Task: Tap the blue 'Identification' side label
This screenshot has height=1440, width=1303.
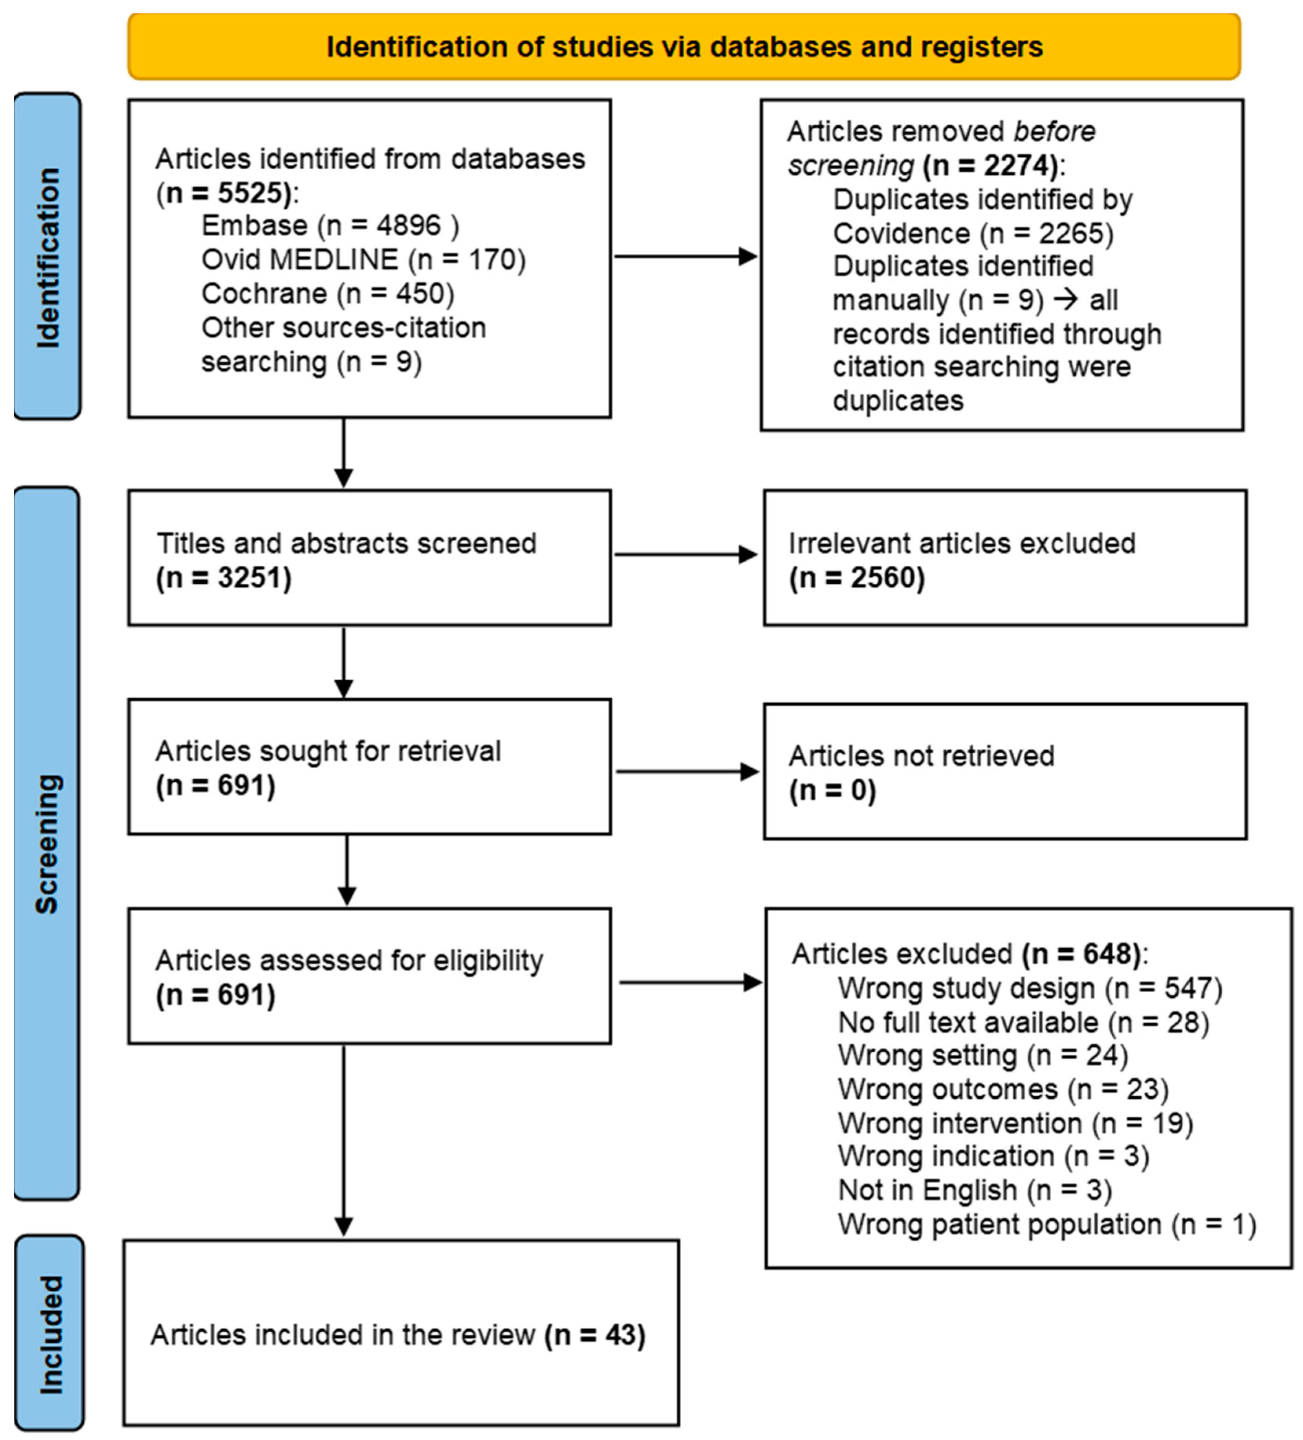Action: pyautogui.click(x=47, y=257)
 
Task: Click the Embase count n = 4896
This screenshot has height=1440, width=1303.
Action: pyautogui.click(x=389, y=226)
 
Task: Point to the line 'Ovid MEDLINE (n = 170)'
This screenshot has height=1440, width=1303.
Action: pyautogui.click(x=363, y=259)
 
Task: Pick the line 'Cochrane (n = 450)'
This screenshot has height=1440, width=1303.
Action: pyautogui.click(x=327, y=293)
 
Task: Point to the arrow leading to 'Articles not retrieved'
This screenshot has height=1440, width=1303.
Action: pyautogui.click(x=687, y=771)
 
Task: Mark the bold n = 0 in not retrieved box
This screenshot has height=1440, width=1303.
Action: pyautogui.click(x=832, y=790)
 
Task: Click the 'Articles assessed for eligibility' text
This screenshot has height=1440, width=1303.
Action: pyautogui.click(x=348, y=961)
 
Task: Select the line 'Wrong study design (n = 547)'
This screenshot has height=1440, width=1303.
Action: pyautogui.click(x=1030, y=989)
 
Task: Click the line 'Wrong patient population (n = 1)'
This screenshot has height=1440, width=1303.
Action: pyautogui.click(x=1046, y=1224)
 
